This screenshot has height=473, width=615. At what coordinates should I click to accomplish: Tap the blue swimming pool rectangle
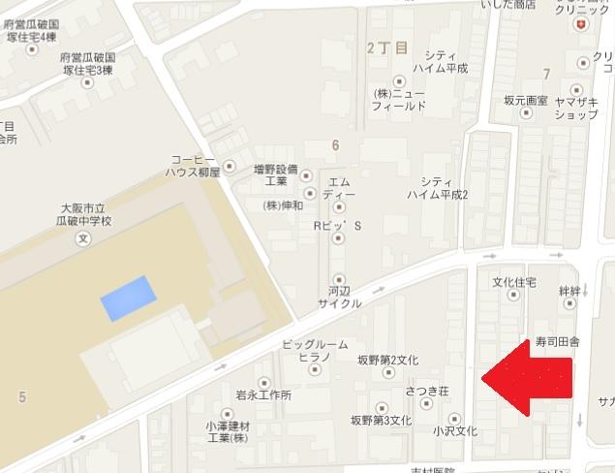pos(128,298)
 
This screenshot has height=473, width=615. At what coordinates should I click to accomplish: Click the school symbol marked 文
pos(83,236)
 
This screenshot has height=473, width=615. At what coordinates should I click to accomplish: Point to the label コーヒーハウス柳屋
pos(195,166)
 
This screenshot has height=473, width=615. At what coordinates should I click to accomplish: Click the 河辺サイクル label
pos(340,296)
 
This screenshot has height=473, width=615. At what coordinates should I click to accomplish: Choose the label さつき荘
pos(426,391)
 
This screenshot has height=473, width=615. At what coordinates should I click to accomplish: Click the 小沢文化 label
pos(455,430)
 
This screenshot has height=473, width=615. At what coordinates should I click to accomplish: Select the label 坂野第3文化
pos(382,421)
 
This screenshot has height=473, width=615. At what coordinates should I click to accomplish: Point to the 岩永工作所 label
pos(263,395)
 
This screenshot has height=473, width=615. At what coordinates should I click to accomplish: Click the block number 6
pos(335,145)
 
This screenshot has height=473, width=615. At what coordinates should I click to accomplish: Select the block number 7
pos(547,74)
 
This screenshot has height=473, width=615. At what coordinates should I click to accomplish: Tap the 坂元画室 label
pos(526,100)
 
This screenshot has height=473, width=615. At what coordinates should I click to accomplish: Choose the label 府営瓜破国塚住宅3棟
pos(87,64)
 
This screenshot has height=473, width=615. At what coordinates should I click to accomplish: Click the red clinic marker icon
pos(580,23)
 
